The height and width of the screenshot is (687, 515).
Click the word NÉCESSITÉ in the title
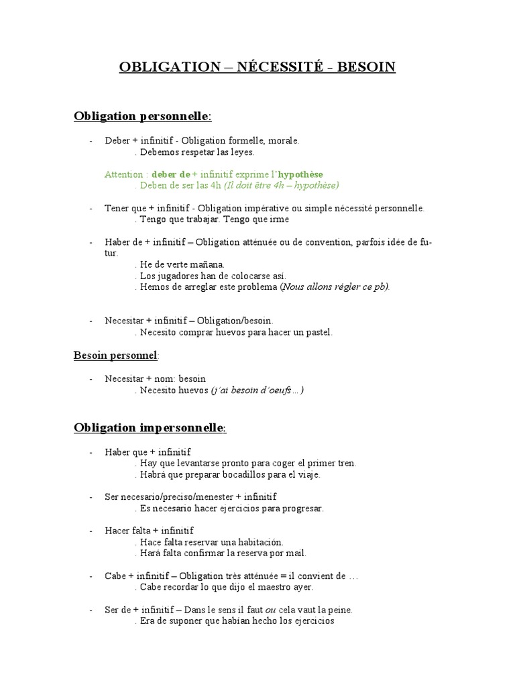pos(275,66)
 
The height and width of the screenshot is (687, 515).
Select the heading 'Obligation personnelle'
pos(142,117)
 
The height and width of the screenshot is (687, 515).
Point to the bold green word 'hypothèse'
pos(310,174)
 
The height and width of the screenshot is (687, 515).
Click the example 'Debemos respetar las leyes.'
pos(188,152)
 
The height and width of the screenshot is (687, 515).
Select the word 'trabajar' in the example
pos(201,219)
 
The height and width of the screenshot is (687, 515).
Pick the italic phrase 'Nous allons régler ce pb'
pos(335,286)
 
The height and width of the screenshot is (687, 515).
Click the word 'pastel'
pos(319,331)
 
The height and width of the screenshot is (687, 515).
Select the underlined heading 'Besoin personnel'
pos(115,355)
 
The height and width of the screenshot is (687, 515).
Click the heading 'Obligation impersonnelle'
pos(150,427)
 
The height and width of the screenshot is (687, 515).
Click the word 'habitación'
pos(261,541)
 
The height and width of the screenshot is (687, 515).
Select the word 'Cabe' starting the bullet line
pos(115,576)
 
